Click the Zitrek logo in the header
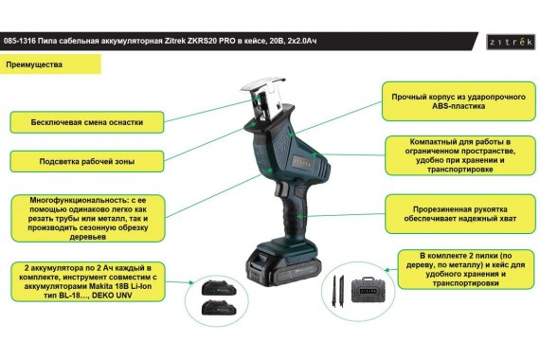coord(511,42)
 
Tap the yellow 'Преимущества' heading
coord(50,64)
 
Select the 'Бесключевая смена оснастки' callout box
coord(87,122)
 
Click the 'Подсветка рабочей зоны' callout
coord(87,161)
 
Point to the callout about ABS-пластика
coord(459,101)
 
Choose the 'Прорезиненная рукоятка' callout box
coord(460,214)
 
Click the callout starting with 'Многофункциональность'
coord(88,218)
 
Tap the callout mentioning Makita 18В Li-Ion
coord(88,281)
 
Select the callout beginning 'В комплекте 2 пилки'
coord(465,269)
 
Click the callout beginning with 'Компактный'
coord(460,155)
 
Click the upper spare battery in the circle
coord(218,288)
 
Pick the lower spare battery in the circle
coord(218,308)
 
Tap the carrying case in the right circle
coord(368,291)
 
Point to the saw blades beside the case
coord(338,291)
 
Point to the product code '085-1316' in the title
coord(19,42)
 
